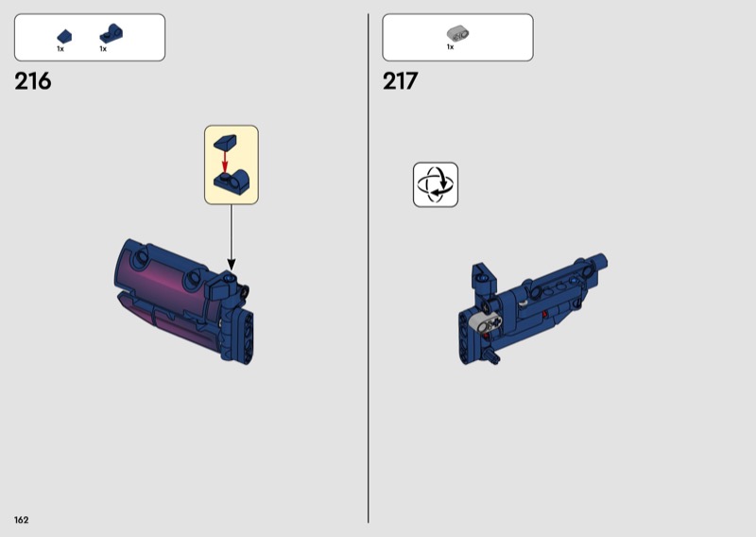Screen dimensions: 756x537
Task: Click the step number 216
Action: (x=33, y=81)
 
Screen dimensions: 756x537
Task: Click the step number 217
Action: (x=400, y=81)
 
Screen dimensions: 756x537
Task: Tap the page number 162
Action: (x=21, y=520)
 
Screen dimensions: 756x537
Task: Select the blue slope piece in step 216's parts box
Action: (x=64, y=37)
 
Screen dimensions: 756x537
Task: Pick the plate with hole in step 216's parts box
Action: (x=111, y=34)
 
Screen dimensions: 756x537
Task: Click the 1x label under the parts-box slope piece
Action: (x=60, y=49)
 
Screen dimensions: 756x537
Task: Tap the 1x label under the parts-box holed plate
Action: (x=103, y=49)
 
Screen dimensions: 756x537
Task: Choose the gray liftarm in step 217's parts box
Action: (x=458, y=33)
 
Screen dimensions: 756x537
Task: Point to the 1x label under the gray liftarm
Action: (x=451, y=47)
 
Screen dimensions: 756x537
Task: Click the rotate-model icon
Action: (x=436, y=184)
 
